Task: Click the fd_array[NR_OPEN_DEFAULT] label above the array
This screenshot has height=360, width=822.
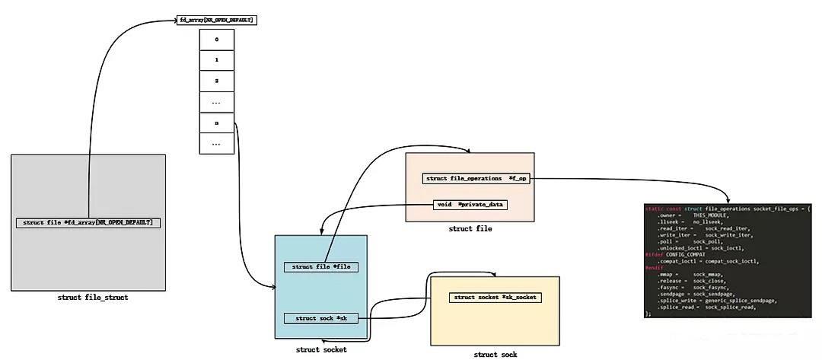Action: point(216,19)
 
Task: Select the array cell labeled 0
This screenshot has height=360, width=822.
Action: point(216,39)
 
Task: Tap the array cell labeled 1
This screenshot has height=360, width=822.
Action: point(216,59)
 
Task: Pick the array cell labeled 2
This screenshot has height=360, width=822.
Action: point(216,80)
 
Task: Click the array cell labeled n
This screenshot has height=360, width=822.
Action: point(216,123)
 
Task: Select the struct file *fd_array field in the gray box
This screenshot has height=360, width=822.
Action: point(88,223)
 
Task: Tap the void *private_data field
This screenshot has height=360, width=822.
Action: point(470,205)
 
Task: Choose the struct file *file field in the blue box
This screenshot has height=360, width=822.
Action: point(320,267)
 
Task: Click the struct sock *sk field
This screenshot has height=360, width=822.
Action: point(320,318)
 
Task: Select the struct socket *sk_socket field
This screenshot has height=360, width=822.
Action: point(494,298)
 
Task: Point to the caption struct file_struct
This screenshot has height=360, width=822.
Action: point(93,298)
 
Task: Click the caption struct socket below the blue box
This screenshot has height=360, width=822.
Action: point(321,349)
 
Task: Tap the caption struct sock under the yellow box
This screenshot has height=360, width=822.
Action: point(495,355)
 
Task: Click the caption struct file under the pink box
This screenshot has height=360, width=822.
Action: point(470,228)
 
